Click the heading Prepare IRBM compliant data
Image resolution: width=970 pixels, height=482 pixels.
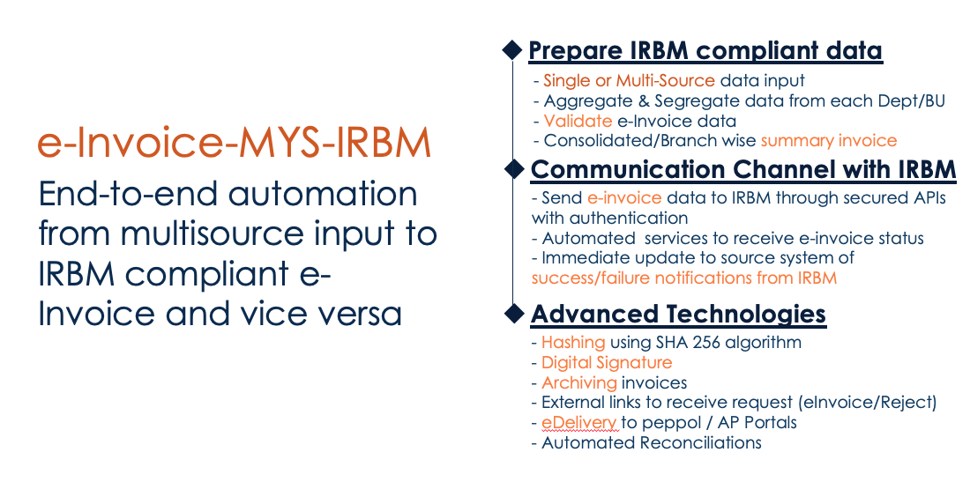(x=705, y=50)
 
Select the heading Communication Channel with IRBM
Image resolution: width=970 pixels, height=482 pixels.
(x=743, y=168)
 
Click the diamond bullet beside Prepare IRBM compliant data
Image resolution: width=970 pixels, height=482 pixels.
(x=511, y=51)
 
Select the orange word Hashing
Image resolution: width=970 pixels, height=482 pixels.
(x=573, y=342)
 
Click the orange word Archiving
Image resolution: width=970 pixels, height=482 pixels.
(x=579, y=382)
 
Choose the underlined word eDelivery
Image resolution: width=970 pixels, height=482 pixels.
(x=578, y=423)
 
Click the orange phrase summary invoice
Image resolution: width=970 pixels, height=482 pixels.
(x=829, y=141)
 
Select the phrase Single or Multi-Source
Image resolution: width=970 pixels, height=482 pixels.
(x=629, y=80)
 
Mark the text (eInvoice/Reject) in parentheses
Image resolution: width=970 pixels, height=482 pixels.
(x=868, y=403)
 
